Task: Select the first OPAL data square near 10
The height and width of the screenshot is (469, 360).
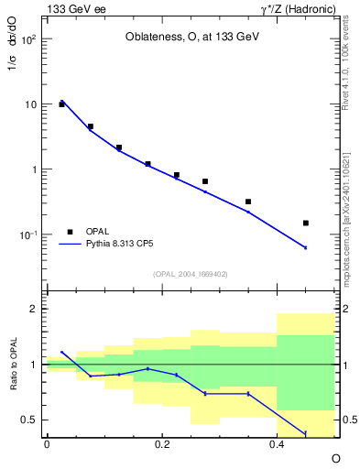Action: pos(61,104)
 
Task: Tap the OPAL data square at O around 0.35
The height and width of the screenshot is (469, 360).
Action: pos(248,202)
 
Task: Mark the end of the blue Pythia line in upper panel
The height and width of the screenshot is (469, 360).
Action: pos(306,247)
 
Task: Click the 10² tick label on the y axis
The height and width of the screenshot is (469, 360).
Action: pos(28,40)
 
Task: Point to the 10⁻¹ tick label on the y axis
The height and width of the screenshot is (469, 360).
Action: pos(28,235)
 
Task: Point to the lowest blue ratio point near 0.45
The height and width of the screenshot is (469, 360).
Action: pos(306,433)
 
